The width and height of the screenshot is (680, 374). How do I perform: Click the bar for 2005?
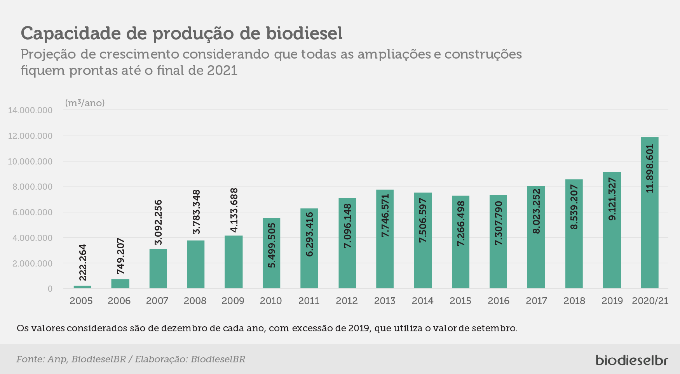coord(82,287)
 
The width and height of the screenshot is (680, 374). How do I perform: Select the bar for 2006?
coord(120,284)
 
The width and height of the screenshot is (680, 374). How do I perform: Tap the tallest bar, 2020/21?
coord(650,213)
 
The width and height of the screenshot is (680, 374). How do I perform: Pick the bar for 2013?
coord(385,239)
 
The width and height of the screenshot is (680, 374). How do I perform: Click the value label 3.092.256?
coord(158,222)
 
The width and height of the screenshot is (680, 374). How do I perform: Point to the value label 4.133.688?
coord(234,210)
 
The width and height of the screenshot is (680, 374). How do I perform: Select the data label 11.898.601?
coord(650,169)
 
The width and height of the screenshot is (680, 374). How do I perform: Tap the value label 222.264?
coord(83,262)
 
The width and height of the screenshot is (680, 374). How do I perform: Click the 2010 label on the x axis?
coord(271,301)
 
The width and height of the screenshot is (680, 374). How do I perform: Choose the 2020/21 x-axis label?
coord(650,301)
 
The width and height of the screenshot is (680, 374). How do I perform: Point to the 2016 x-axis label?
coord(499,301)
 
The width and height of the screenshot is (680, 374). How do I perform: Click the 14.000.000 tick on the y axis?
coord(30,110)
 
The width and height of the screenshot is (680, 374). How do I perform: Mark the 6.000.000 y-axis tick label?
coord(32,212)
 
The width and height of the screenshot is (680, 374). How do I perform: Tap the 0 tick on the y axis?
coord(50,289)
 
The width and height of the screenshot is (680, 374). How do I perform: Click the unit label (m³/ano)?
coord(85,103)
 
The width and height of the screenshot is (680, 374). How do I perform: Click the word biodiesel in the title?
coord(304,33)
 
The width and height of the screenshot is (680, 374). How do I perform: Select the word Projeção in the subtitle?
coord(49,54)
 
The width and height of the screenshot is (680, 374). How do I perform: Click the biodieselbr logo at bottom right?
coord(632,359)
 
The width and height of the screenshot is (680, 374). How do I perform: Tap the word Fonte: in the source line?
coord(30,359)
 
